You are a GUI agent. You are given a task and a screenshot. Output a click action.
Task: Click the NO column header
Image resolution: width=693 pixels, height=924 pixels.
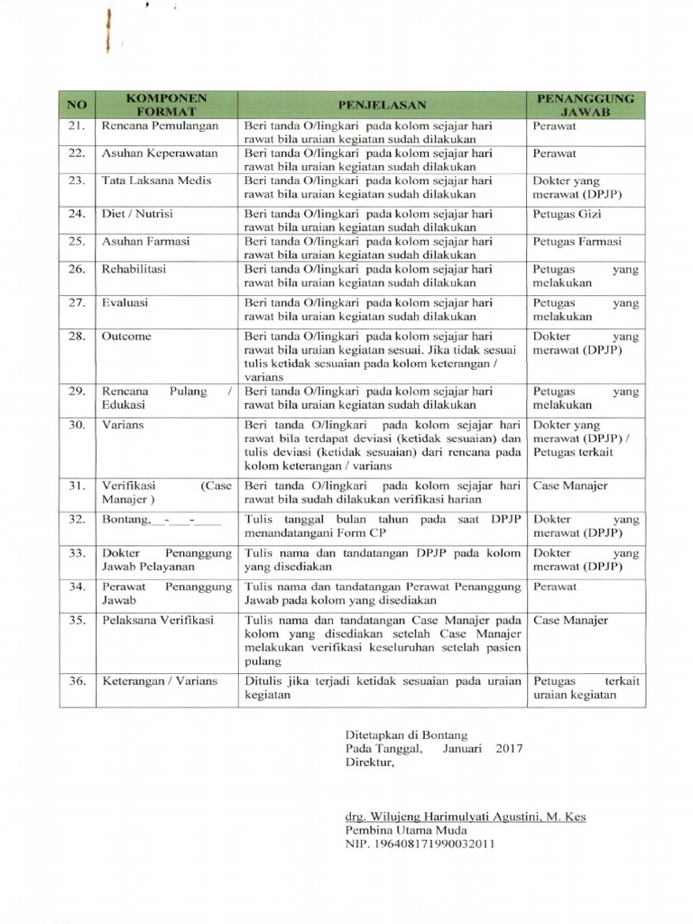tap(76, 104)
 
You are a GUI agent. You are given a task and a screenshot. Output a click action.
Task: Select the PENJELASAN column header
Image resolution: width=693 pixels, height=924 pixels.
tap(381, 104)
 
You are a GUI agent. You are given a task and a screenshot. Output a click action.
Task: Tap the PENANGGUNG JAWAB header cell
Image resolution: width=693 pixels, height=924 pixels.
tap(586, 104)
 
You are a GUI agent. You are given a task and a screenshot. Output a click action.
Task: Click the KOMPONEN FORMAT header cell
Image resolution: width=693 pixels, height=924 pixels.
tap(165, 104)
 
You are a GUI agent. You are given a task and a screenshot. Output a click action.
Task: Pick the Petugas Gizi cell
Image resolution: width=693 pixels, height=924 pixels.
tap(566, 215)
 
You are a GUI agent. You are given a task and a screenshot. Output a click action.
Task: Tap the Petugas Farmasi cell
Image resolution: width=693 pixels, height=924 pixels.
tap(577, 242)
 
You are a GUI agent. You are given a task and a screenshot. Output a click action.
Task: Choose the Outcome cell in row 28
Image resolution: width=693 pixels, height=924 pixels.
tap(126, 336)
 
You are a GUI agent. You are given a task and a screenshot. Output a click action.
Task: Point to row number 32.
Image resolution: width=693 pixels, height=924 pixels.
tap(76, 519)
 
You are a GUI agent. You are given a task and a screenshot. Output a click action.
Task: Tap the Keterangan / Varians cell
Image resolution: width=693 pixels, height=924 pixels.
tap(159, 680)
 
